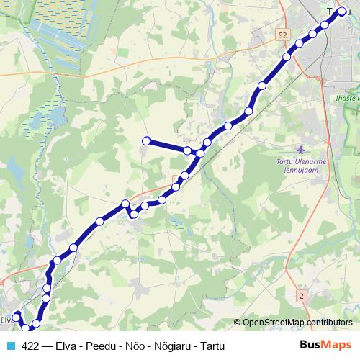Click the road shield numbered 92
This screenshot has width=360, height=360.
[x=282, y=34]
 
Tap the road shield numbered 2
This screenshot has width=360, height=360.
[x=301, y=295]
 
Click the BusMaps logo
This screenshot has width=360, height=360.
[x=325, y=344]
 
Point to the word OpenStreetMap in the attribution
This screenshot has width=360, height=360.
[x=272, y=323]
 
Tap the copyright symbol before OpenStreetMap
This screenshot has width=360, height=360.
[x=237, y=323]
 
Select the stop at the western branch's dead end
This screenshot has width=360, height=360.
[x=146, y=141]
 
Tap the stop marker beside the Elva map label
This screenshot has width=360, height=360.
[x=17, y=316]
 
